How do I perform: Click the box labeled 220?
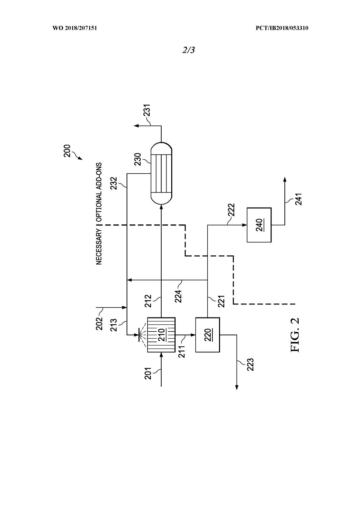[207, 335]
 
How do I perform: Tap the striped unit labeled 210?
[161, 334]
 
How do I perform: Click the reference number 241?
[298, 199]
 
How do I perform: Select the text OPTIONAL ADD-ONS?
[99, 192]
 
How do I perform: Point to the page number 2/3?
[188, 50]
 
